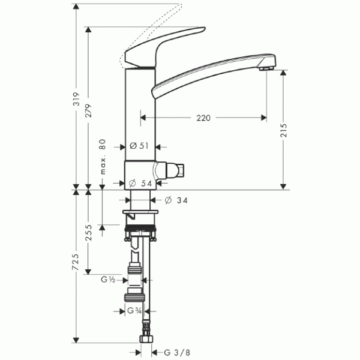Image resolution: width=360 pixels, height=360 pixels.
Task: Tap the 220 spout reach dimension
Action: click(x=203, y=118)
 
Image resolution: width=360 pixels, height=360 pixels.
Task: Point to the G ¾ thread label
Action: click(x=134, y=311)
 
